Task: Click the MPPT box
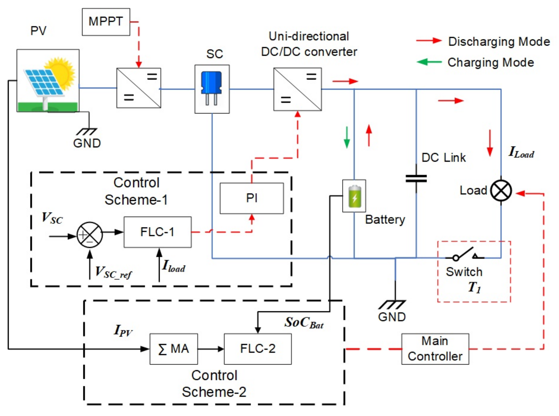106,22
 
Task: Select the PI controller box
252,198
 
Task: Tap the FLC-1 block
158,232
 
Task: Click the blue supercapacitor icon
211,88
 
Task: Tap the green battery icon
355,196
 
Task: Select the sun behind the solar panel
60,72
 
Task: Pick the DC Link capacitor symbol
416,179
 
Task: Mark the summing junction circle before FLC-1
90,235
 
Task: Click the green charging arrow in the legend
429,62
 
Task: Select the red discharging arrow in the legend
429,41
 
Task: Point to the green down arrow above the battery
347,137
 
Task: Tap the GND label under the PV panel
87,143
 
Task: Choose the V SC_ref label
113,272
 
